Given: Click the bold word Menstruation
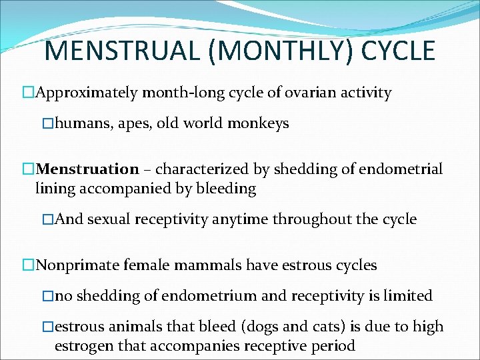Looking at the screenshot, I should click(87, 169).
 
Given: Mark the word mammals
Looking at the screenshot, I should click(209, 265).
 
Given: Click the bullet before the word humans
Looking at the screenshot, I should click(47, 123).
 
